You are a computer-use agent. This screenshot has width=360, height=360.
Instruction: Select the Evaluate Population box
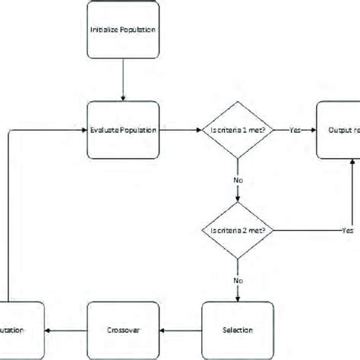(x=122, y=130)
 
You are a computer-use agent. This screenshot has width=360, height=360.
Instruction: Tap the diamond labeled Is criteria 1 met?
(x=238, y=130)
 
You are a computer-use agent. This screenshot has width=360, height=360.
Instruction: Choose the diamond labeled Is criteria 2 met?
(x=238, y=230)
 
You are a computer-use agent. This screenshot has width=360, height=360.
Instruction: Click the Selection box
(x=237, y=330)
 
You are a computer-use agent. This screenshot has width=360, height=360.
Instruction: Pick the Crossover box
(x=123, y=330)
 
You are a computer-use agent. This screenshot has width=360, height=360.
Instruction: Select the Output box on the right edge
(x=338, y=130)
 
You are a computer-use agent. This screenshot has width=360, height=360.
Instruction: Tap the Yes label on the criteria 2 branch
(x=348, y=230)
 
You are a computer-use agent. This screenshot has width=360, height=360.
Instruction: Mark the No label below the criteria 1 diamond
(x=238, y=182)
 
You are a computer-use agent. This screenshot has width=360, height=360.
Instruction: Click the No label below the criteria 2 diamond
(x=238, y=280)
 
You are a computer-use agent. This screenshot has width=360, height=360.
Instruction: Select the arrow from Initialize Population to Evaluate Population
(x=122, y=83)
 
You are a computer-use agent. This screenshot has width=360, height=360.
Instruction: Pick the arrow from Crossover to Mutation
(x=68, y=330)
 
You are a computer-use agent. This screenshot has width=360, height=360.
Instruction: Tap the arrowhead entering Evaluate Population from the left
(x=84, y=130)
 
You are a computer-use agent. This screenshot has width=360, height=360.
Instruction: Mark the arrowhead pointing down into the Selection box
(x=238, y=298)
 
